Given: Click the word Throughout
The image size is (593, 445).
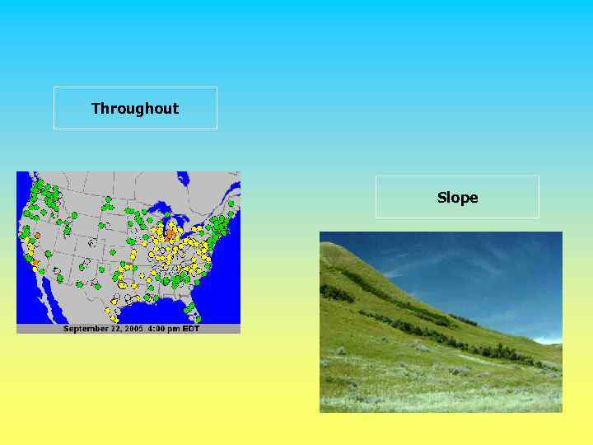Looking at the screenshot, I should pos(135,109).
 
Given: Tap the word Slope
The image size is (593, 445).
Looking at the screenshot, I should pos(457,198).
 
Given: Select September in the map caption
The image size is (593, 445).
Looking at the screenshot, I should pos(86,329).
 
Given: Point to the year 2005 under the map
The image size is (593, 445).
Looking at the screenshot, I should pos(133,329).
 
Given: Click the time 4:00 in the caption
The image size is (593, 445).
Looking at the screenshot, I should pos(156,329).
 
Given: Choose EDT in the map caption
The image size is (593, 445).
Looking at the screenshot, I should pos(190,329).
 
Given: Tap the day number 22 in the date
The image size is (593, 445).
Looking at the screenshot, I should pos(113,329).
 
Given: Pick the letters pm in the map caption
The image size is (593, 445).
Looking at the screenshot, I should pos(175,329).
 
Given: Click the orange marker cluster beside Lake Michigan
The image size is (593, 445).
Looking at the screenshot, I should pos(170,234).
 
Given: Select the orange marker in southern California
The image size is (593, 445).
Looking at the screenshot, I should pos(35,264).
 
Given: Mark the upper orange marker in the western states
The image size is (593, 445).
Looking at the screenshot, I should pos(37,236).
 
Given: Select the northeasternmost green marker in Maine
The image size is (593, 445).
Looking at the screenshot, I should pos(231,204).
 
